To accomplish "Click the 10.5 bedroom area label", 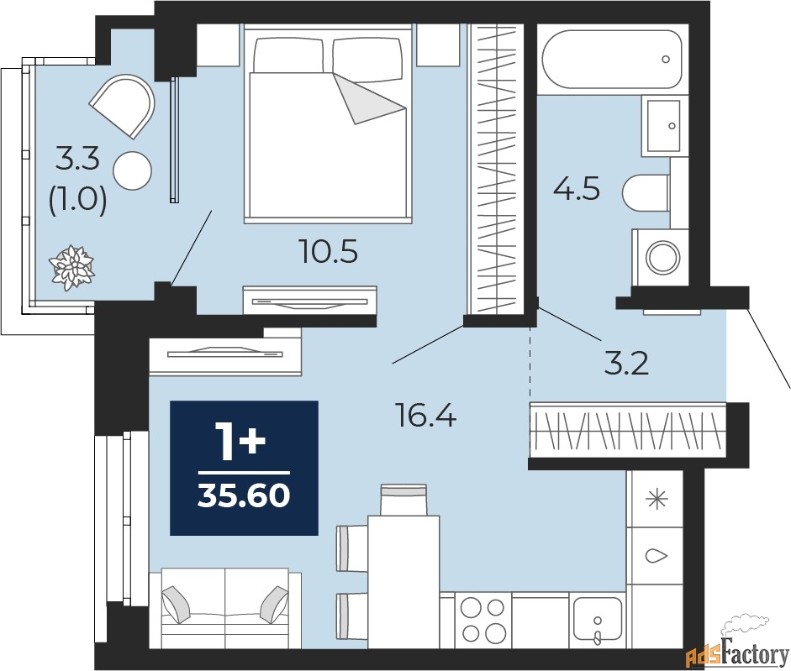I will pyautogui.click(x=328, y=250).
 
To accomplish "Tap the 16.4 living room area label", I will pyautogui.click(x=426, y=415).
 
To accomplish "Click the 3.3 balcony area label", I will pyautogui.click(x=77, y=156).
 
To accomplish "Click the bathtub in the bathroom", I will pyautogui.click(x=611, y=60).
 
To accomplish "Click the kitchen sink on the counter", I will pyautogui.click(x=596, y=621).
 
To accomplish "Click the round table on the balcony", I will pyautogui.click(x=132, y=170).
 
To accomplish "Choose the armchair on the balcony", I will pyautogui.click(x=124, y=104).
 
